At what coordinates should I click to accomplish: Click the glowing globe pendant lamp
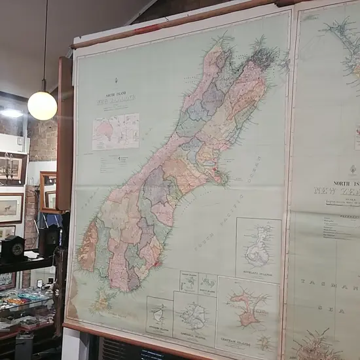42,105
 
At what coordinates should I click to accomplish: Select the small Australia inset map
116,131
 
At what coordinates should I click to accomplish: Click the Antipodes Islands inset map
160,316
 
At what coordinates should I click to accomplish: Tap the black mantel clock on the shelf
13,248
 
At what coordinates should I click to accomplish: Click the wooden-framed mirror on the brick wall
48,191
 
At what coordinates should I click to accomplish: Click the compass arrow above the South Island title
116,81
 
